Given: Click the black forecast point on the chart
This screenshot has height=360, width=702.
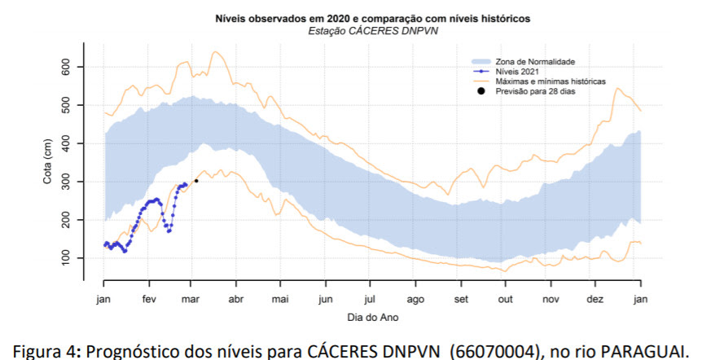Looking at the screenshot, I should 196,181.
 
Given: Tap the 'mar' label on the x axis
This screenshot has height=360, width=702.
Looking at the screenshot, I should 191,300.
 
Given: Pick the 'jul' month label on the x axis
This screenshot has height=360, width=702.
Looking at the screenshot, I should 370,300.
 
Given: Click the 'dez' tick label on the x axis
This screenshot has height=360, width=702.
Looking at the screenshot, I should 595,300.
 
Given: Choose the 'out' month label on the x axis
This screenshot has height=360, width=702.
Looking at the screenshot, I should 505,300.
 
